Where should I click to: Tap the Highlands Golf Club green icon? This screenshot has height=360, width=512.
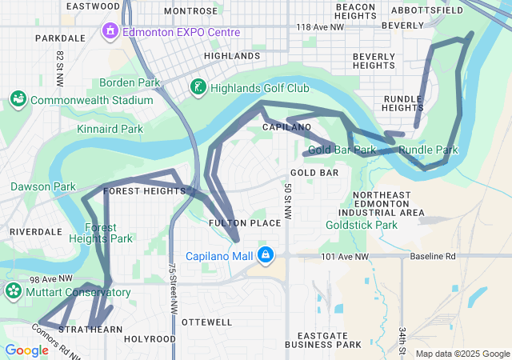[197, 86]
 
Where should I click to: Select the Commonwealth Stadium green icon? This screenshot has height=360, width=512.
[17, 100]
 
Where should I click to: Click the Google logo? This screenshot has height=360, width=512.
[26, 350]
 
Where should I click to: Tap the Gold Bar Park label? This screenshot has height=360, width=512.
[342, 150]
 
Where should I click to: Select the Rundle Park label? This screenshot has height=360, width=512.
[428, 150]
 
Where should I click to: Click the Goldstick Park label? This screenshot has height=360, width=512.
[362, 225]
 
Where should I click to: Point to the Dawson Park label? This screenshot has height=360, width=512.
[42, 186]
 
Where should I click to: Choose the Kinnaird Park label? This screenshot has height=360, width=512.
[110, 128]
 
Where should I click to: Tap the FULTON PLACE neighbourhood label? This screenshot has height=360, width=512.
[245, 222]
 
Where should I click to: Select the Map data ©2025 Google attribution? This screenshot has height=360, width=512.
[462, 354]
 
